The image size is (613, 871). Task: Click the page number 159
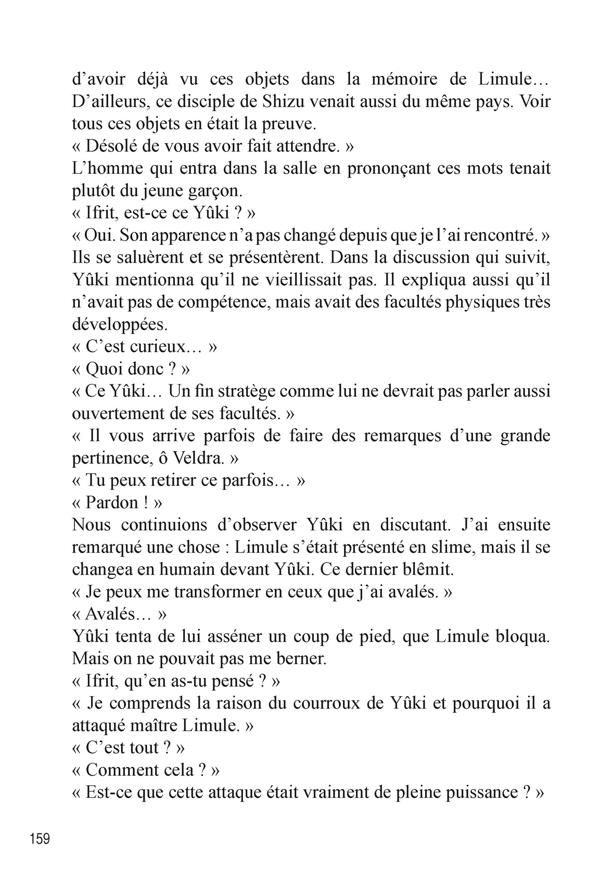40,839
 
